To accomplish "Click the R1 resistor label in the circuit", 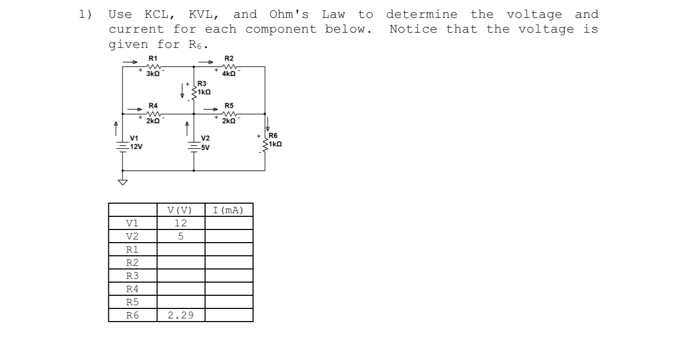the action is pyautogui.click(x=153, y=58).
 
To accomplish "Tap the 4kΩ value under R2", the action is pyautogui.click(x=229, y=74).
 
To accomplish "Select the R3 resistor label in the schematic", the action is pyautogui.click(x=202, y=84).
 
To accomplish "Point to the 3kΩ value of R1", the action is pyautogui.click(x=153, y=74).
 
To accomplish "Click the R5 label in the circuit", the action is pyautogui.click(x=229, y=106).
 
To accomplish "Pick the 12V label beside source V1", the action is pyautogui.click(x=136, y=147).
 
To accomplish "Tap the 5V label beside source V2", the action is pyautogui.click(x=205, y=148).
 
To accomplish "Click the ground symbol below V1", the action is pyautogui.click(x=123, y=182).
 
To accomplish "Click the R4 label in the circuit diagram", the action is pyautogui.click(x=153, y=106).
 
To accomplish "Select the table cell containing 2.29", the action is pyautogui.click(x=181, y=315).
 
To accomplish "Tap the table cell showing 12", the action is pyautogui.click(x=181, y=223).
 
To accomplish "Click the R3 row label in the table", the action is pyautogui.click(x=133, y=276).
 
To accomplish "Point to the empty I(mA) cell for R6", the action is pyautogui.click(x=229, y=315).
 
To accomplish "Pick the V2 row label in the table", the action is pyautogui.click(x=133, y=236).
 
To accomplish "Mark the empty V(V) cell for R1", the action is pyautogui.click(x=181, y=249).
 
